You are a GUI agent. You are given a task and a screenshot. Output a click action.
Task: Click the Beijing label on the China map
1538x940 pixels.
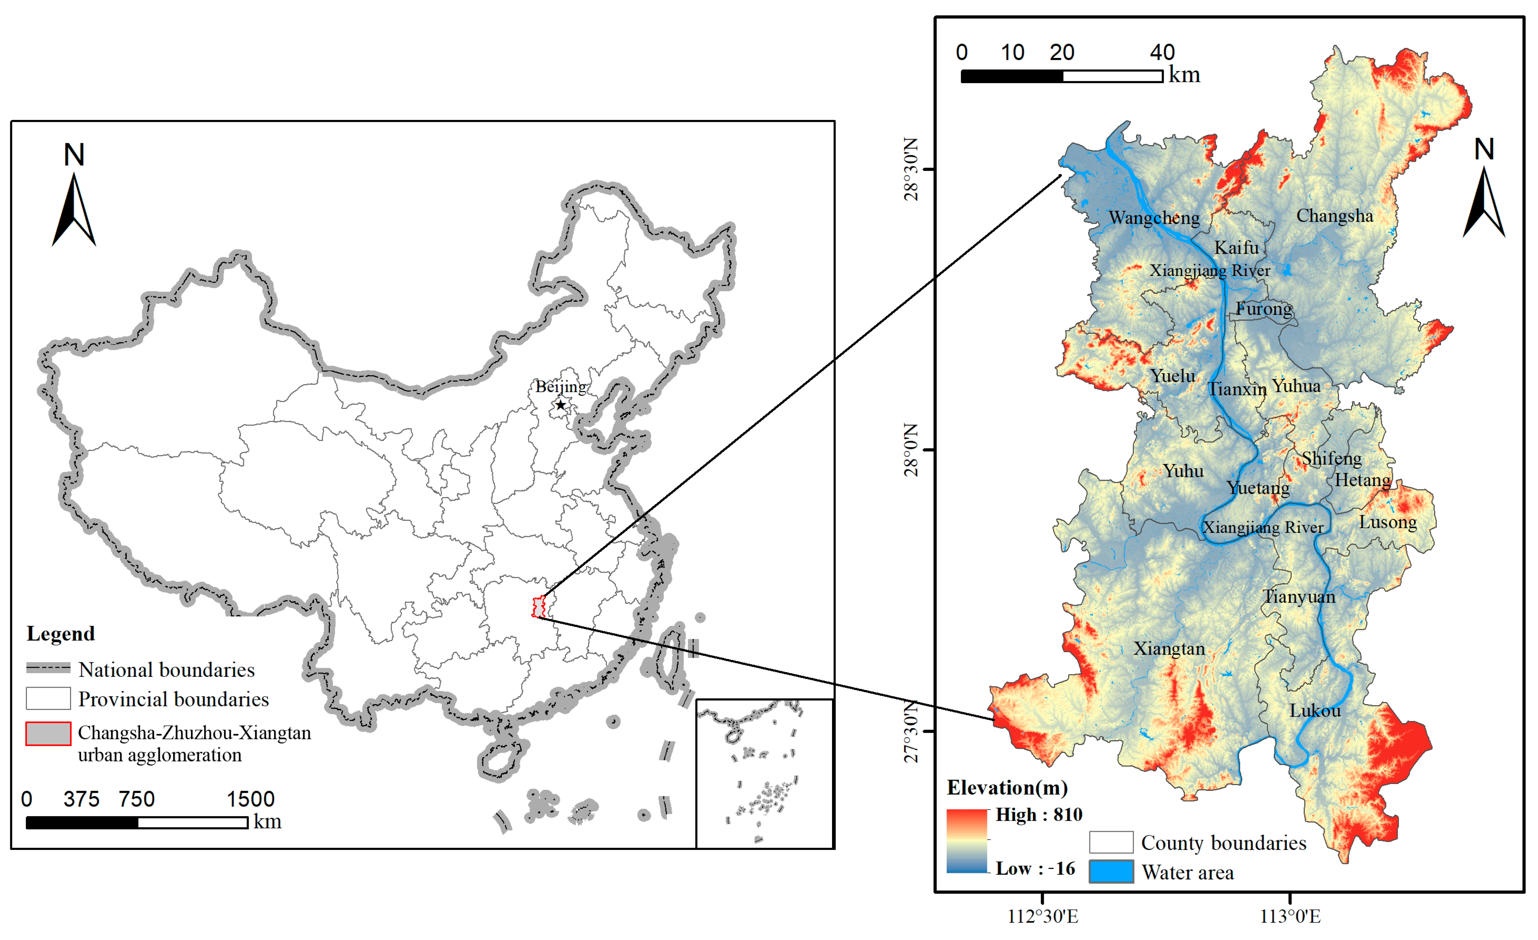click(x=561, y=386)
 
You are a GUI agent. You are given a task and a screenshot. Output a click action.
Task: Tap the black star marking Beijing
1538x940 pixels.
click(x=561, y=405)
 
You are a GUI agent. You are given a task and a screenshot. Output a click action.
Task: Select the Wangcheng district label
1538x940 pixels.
click(x=1154, y=218)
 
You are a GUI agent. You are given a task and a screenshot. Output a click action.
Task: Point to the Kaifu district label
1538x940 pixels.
click(x=1237, y=248)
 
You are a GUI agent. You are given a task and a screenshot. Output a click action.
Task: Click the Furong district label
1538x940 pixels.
click(x=1264, y=308)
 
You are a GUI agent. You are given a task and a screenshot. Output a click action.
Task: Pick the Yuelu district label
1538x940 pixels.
click(x=1173, y=376)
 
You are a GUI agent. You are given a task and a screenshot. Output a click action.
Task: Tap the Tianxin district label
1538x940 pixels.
click(x=1237, y=389)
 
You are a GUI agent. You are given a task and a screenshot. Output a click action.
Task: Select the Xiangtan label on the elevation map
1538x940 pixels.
click(x=1169, y=648)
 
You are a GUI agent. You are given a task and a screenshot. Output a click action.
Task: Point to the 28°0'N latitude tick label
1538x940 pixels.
click(x=911, y=449)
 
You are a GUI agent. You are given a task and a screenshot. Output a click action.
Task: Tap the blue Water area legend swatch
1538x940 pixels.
click(x=1111, y=871)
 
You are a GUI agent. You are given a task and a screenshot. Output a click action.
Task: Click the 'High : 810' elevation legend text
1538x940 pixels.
click(x=1039, y=815)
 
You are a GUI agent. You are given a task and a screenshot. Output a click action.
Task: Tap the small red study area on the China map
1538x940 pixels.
click(x=538, y=607)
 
